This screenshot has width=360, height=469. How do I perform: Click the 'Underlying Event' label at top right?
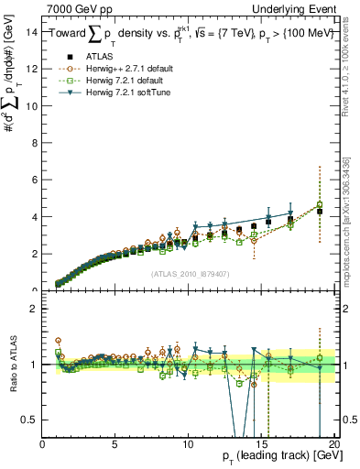point(295,8)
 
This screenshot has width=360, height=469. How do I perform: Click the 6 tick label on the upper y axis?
point(35,180)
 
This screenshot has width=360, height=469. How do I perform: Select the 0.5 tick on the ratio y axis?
point(31,420)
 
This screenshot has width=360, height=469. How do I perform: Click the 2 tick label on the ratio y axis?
point(35,309)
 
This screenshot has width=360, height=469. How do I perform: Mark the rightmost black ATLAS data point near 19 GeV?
point(319,212)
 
